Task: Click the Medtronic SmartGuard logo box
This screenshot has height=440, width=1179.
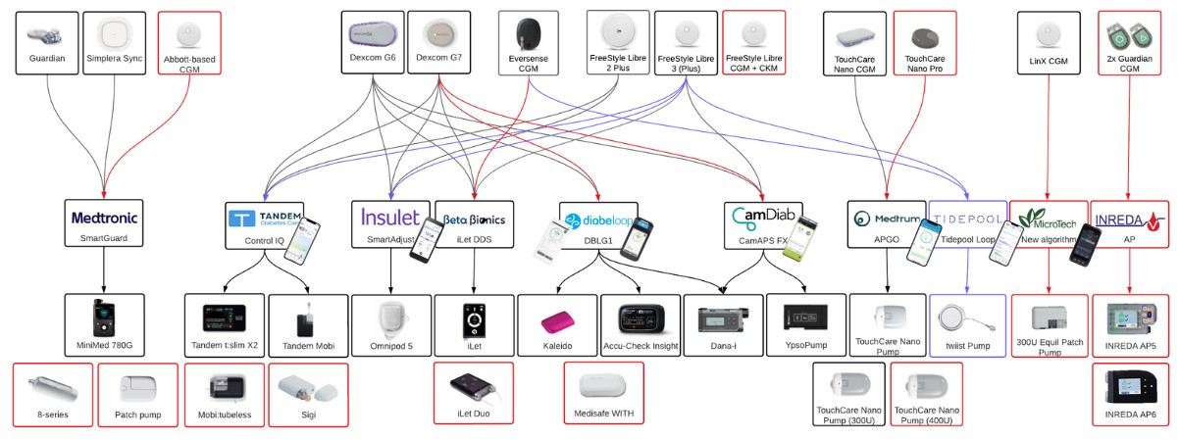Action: [x=104, y=222]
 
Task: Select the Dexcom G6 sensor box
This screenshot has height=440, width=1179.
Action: [x=372, y=42]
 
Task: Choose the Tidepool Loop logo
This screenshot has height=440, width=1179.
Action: [x=967, y=217]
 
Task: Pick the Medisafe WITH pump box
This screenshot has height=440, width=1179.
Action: [x=603, y=393]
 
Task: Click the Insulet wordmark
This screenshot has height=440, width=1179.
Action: [x=390, y=216]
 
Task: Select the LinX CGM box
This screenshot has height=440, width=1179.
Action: [x=1049, y=42]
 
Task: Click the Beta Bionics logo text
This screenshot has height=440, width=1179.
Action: [x=474, y=219]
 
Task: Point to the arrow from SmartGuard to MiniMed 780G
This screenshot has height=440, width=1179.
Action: [x=104, y=269]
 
